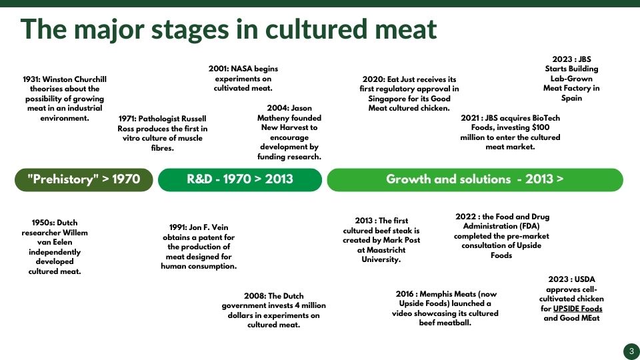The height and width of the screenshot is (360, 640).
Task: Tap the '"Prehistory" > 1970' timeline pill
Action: (x=84, y=179)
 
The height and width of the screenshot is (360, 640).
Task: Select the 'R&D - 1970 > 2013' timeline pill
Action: (x=240, y=179)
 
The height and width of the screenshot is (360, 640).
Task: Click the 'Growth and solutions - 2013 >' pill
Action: (x=475, y=179)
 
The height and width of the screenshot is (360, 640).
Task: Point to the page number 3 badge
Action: (x=631, y=351)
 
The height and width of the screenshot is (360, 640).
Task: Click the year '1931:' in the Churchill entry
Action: (x=31, y=79)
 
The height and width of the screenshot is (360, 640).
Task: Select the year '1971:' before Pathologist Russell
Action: (x=127, y=119)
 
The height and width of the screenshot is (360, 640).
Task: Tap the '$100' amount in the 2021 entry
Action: (x=540, y=127)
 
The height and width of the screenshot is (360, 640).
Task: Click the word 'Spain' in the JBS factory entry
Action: (x=571, y=99)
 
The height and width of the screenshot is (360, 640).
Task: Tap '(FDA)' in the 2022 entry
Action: (x=529, y=226)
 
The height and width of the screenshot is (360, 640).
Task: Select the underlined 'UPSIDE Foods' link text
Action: (x=577, y=309)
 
